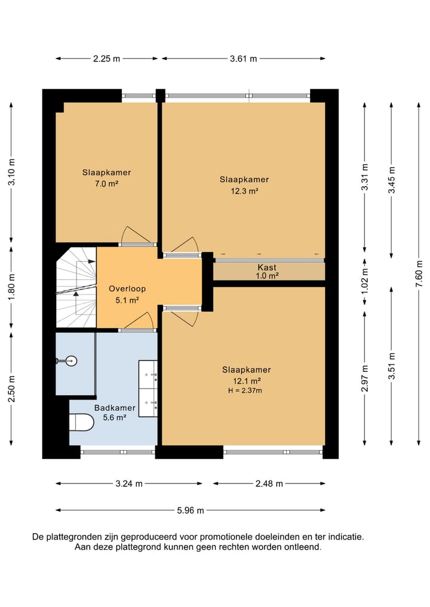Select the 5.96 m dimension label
(190, 510)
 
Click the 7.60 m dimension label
(419, 275)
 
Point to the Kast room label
(267, 267)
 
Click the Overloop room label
(127, 288)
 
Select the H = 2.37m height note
(245, 390)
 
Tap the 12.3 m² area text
(244, 191)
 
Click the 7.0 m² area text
(106, 184)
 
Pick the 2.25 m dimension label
(106, 59)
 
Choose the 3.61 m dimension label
(243, 59)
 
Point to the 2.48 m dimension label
(269, 483)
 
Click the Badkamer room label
(115, 408)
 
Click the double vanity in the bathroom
(148, 389)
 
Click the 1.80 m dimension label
(12, 286)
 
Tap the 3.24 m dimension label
(129, 483)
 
